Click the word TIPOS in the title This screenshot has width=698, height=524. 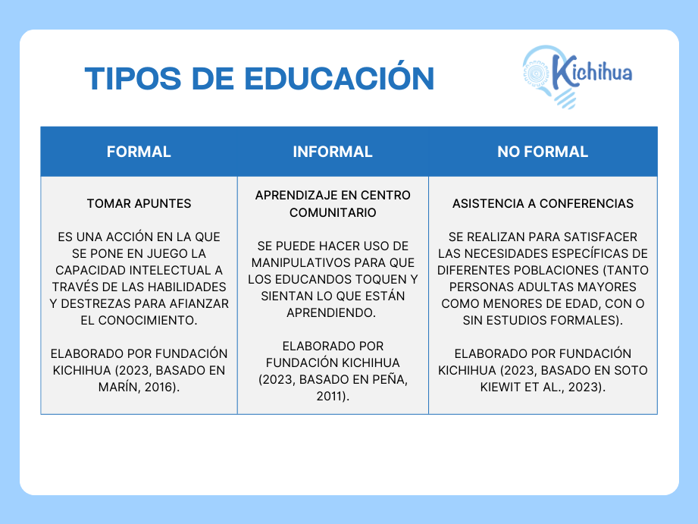pos(133,79)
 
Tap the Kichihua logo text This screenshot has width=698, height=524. pos(592,71)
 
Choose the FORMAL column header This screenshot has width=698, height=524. pos(139,152)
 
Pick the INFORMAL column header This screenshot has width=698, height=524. pos(333,152)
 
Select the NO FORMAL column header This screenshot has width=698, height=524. pos(543,152)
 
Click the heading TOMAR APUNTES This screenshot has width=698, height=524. pos(139,204)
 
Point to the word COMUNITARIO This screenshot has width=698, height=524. pos(333,212)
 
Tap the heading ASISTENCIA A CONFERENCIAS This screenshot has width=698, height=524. pos(543,204)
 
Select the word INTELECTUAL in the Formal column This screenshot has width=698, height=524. pos(170,270)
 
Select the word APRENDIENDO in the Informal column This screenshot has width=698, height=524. pos(330,312)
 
